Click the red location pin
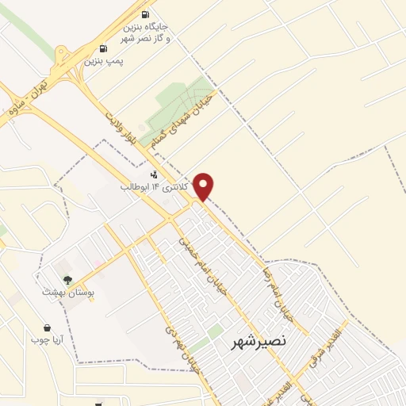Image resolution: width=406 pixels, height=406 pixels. pyautogui.click(x=205, y=186)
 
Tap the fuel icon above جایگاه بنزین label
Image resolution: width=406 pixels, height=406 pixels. pyautogui.click(x=144, y=14)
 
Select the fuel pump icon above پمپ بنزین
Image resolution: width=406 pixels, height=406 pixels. pyautogui.click(x=103, y=49)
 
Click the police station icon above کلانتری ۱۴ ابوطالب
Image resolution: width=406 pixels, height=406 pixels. pyautogui.click(x=154, y=174)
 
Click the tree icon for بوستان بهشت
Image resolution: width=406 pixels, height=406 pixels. pyautogui.click(x=68, y=279)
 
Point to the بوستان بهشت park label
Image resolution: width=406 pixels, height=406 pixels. pyautogui.click(x=68, y=292)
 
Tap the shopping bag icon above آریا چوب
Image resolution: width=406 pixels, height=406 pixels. pyautogui.click(x=47, y=327)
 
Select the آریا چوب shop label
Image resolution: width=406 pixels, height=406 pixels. pyautogui.click(x=47, y=339)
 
